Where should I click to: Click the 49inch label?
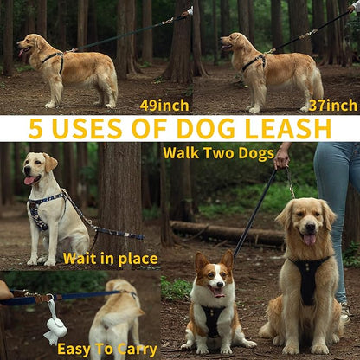(x=164, y=106)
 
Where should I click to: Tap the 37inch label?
(x=333, y=106)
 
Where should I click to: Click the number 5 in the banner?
(x=36, y=129)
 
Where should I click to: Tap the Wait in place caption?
(x=110, y=259)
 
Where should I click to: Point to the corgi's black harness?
(x=212, y=320)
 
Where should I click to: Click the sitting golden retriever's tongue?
(x=309, y=238)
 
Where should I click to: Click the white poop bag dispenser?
(x=55, y=326)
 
